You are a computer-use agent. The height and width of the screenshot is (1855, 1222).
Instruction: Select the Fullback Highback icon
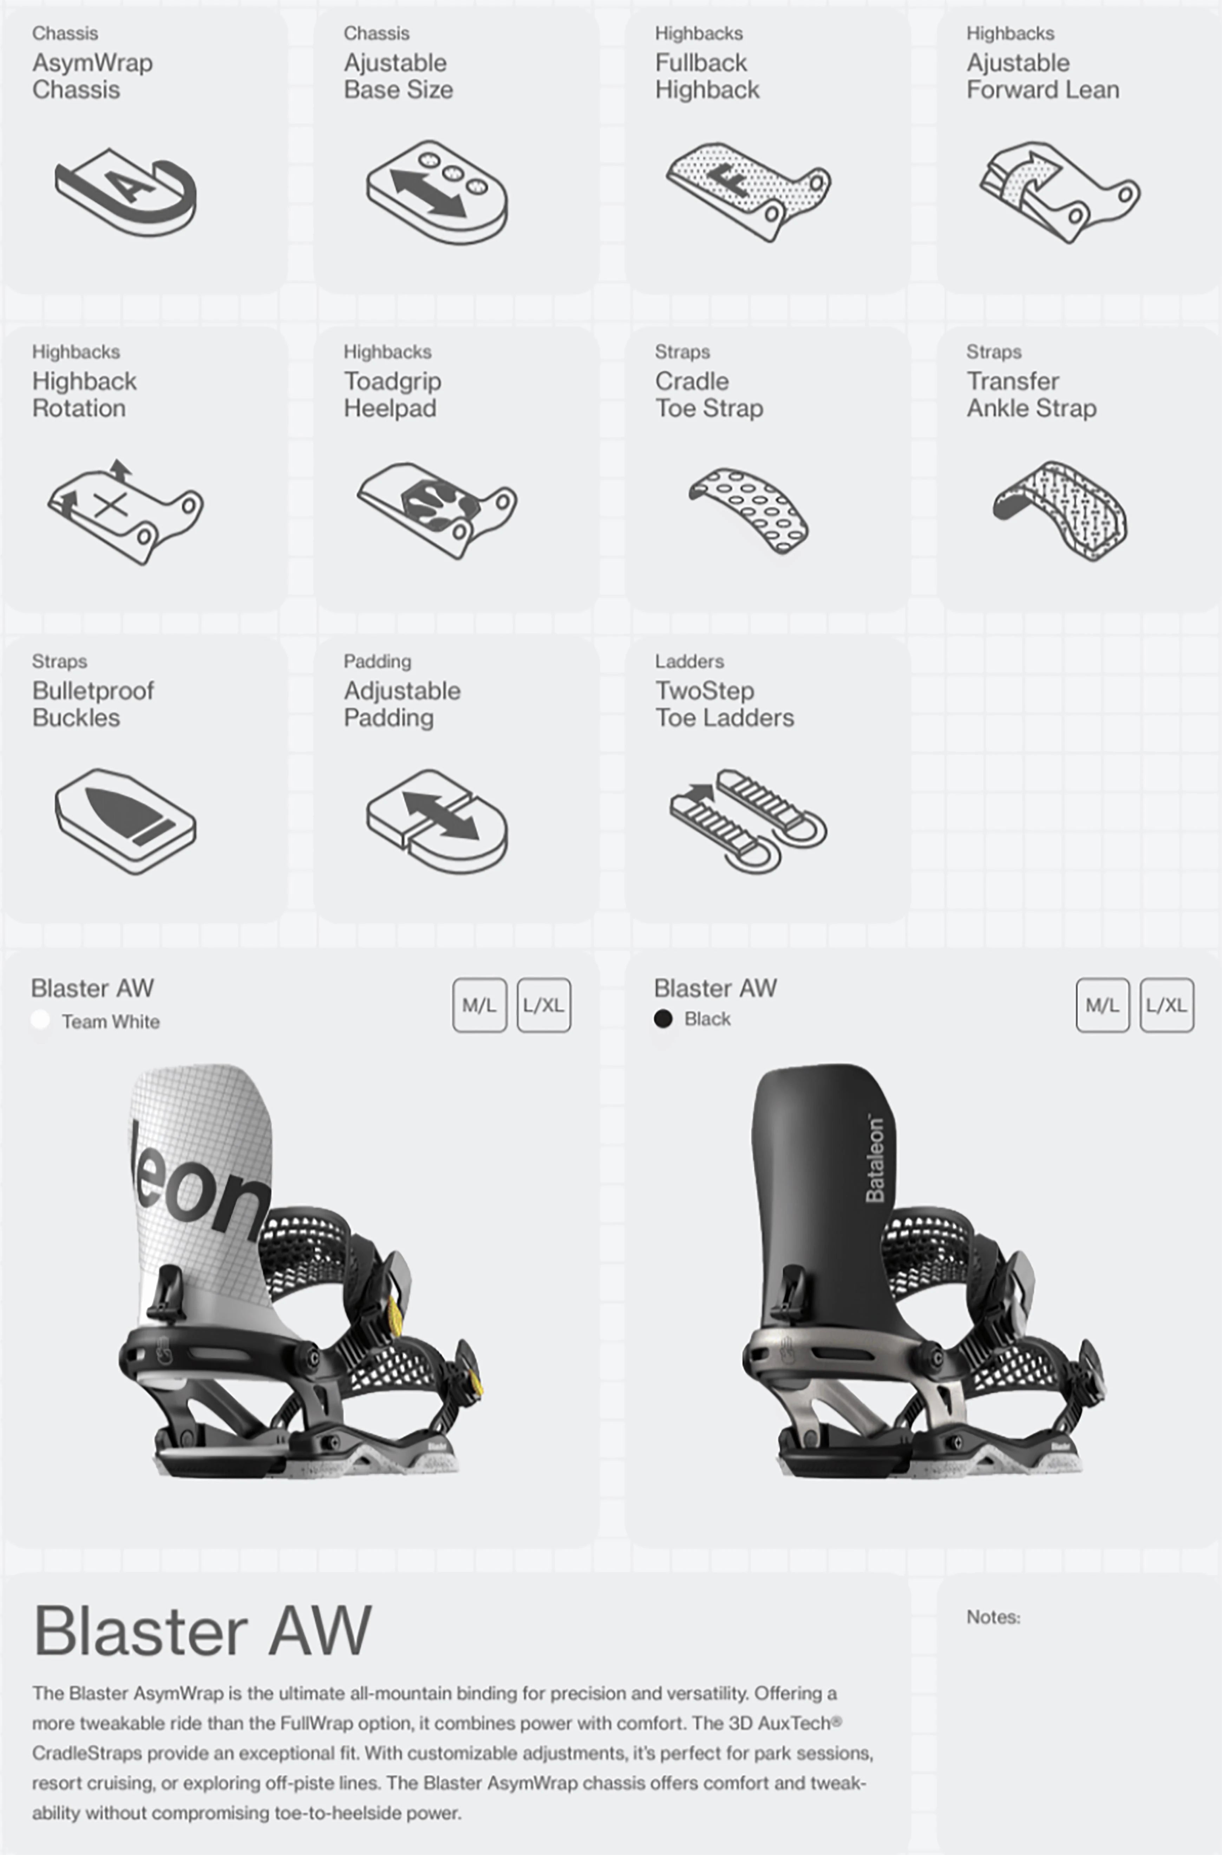click(748, 191)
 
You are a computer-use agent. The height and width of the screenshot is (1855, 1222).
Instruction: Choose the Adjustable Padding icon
click(436, 821)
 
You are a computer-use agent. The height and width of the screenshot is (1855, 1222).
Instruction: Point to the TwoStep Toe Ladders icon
click(748, 821)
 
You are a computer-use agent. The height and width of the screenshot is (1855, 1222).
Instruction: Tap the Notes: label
click(993, 1617)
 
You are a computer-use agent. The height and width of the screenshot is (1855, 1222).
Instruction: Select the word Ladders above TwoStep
click(689, 661)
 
